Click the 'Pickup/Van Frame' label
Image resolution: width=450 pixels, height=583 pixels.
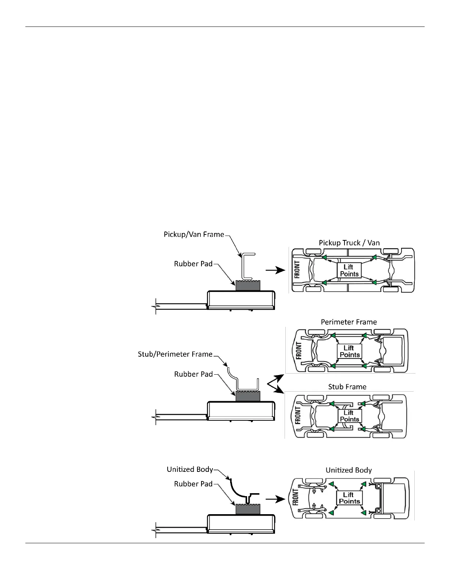coord(194,234)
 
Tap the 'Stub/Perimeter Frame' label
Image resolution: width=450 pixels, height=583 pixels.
coord(175,354)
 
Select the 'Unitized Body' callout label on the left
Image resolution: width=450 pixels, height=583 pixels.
coord(190,469)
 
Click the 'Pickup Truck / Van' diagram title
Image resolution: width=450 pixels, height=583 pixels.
coord(349,243)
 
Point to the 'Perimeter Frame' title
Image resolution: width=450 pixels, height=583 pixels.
coord(349,322)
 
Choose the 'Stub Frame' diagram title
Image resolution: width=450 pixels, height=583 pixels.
coord(347,386)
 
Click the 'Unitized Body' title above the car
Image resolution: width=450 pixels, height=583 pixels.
coord(349,470)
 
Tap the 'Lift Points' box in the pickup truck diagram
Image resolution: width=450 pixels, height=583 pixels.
coord(349,270)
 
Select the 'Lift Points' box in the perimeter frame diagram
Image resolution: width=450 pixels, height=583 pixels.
coord(349,351)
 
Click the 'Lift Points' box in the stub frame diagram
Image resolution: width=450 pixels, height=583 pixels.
coord(349,416)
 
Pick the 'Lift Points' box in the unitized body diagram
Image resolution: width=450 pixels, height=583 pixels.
coord(349,498)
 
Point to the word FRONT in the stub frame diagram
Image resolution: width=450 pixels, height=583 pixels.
coord(298,415)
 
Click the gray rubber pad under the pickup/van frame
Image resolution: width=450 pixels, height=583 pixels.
coord(248,285)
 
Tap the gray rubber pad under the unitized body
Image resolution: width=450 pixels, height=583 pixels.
coord(248,509)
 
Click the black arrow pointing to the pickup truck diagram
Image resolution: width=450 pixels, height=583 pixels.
coord(275,270)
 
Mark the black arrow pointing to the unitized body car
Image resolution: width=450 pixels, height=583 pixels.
coord(275,499)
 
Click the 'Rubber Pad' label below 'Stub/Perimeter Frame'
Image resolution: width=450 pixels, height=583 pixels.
coord(193,374)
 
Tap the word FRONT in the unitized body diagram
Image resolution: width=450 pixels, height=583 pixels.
coord(296,497)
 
